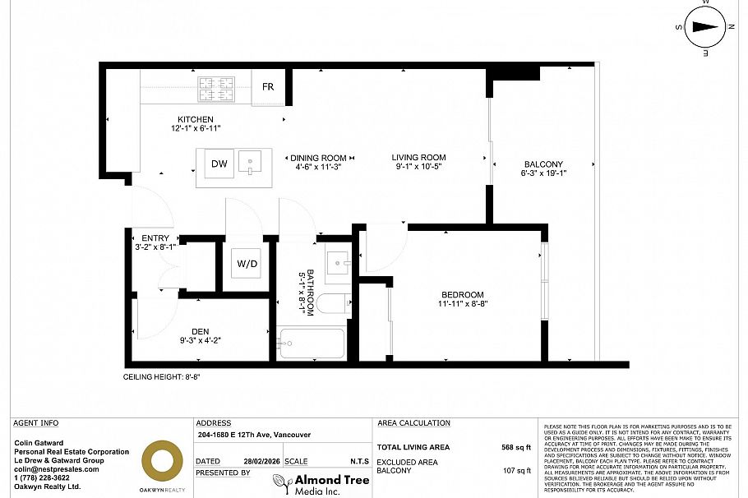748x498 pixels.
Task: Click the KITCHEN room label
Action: click(x=196, y=120)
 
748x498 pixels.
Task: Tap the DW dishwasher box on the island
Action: click(x=219, y=164)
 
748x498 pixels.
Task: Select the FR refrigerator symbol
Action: click(x=268, y=87)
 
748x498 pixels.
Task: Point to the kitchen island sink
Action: click(x=249, y=163)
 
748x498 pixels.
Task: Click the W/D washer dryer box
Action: click(x=247, y=264)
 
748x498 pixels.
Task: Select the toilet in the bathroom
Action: click(x=331, y=302)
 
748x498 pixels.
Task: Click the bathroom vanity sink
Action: click(x=339, y=264)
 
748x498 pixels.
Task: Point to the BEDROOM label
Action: click(x=463, y=295)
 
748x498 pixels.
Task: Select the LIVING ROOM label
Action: click(x=418, y=158)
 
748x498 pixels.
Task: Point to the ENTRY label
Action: click(x=155, y=238)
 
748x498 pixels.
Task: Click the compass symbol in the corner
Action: click(x=705, y=27)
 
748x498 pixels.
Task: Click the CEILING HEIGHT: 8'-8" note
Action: click(x=162, y=377)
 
